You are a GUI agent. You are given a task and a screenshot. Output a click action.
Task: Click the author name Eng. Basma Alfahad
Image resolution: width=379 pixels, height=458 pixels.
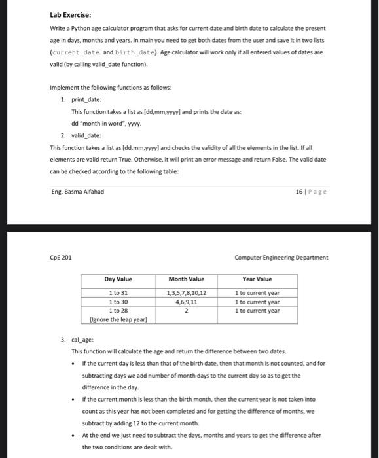[x=77, y=191]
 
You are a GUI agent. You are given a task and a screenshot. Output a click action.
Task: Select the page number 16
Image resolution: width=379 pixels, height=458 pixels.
[x=300, y=191]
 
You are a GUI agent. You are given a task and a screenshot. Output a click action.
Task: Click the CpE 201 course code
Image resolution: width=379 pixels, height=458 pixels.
[x=63, y=257]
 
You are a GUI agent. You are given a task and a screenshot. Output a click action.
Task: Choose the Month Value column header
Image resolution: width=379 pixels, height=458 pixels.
[x=187, y=279]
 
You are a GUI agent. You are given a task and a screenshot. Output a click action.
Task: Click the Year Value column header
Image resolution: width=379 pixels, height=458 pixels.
[x=257, y=279]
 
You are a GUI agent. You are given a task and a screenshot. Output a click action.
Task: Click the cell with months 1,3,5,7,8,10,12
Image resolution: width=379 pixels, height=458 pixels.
[x=187, y=293]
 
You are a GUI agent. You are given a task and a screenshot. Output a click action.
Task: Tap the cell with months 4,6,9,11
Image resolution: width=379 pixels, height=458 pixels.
[x=187, y=302]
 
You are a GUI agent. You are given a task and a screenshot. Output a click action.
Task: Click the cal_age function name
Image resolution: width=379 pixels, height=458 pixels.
[x=82, y=341]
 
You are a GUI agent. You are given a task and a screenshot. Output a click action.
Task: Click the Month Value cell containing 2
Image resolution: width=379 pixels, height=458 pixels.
[x=187, y=311]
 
